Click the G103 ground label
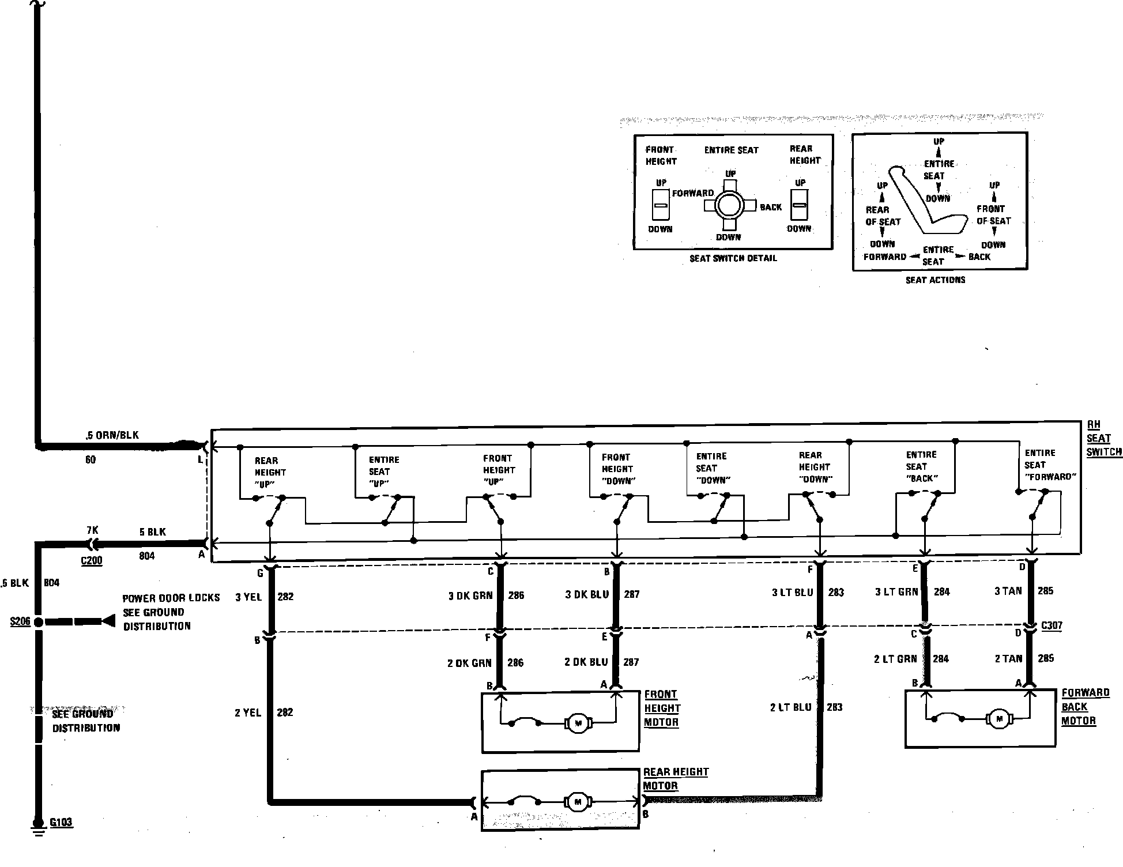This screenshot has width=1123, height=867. click(61, 822)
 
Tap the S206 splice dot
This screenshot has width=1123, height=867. click(38, 622)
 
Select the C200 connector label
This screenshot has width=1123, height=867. click(92, 560)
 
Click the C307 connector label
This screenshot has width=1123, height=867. click(1052, 625)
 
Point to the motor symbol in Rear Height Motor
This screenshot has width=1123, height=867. click(577, 801)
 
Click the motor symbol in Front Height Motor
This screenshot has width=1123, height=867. click(578, 723)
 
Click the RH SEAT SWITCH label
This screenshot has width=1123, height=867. click(1103, 438)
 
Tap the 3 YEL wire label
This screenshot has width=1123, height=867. click(248, 597)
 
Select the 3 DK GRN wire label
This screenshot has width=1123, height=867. click(470, 595)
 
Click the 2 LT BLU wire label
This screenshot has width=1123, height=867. click(790, 707)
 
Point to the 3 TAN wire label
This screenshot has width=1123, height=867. click(1008, 591)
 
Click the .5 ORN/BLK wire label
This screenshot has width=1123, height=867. click(112, 435)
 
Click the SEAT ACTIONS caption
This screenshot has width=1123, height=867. click(935, 280)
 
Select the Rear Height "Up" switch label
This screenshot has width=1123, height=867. click(270, 472)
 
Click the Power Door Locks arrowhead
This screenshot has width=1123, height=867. click(108, 621)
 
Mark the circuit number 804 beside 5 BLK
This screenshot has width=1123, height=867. click(147, 556)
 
